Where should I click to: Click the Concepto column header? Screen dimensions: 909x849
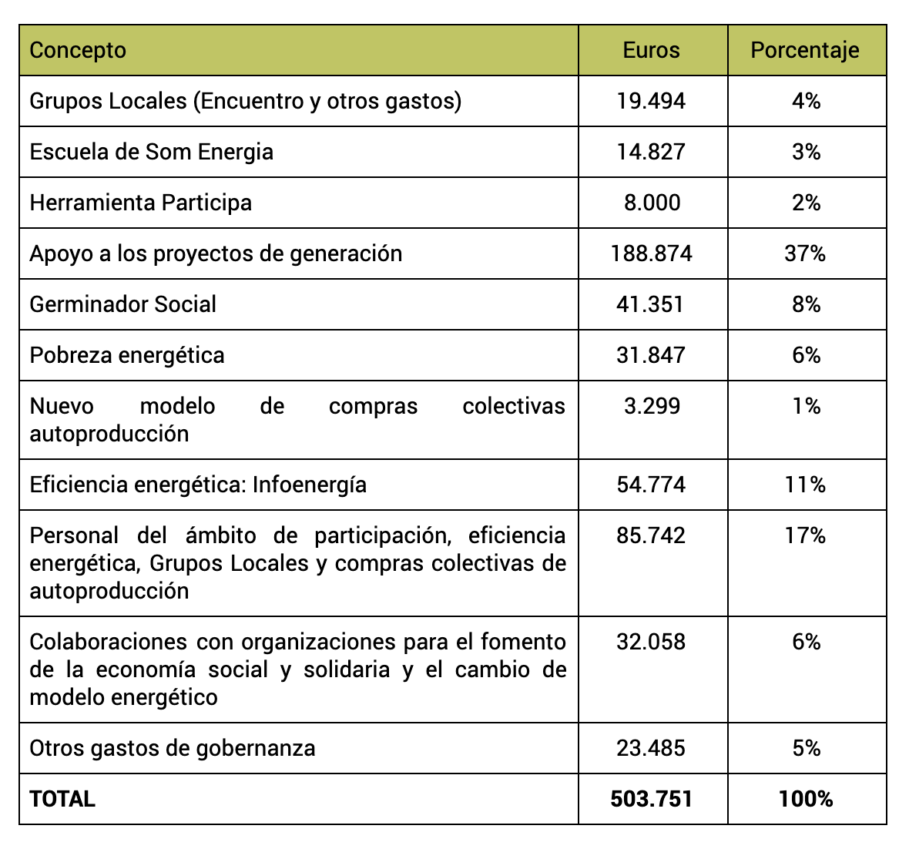click(x=78, y=50)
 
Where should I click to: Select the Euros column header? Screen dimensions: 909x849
click(x=651, y=50)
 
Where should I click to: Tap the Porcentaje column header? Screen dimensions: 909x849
click(x=805, y=50)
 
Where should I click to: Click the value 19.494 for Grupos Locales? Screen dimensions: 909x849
click(x=651, y=102)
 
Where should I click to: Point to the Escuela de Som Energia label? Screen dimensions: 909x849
click(x=151, y=152)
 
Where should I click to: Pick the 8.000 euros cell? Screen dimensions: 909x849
click(x=652, y=203)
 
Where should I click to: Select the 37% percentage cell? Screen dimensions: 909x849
click(x=805, y=253)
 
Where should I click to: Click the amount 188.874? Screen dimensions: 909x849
click(x=651, y=253)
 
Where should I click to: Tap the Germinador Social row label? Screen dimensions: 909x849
click(x=123, y=304)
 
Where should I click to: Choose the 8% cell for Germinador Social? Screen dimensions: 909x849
click(x=807, y=304)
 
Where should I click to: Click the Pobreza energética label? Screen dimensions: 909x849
click(x=127, y=355)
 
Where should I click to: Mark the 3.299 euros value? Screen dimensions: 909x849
click(x=652, y=406)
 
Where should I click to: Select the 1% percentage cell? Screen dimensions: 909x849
click(x=807, y=406)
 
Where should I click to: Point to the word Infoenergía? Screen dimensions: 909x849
click(x=310, y=485)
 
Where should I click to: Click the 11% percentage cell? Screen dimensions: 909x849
click(x=805, y=485)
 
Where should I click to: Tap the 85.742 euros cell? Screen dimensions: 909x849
click(x=651, y=535)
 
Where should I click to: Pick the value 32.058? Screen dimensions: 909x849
click(x=651, y=642)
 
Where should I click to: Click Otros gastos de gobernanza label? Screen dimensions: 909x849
click(x=173, y=749)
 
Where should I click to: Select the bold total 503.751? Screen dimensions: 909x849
click(x=652, y=799)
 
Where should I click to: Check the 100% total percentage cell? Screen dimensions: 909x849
click(x=806, y=799)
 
